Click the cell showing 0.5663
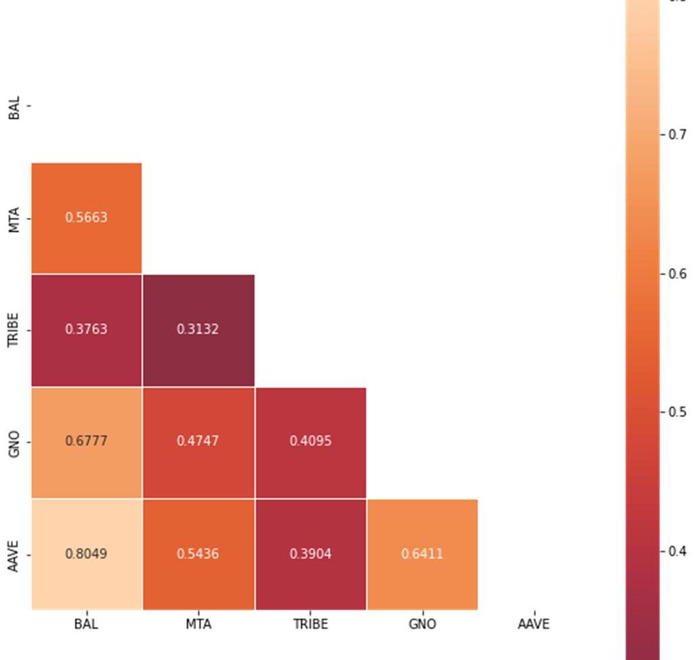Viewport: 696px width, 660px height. [x=86, y=217]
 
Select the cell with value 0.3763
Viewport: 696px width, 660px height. [x=86, y=329]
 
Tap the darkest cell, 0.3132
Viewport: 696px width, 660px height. [x=198, y=329]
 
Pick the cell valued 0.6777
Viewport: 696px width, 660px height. [x=86, y=441]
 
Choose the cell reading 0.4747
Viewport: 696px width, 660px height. [x=198, y=441]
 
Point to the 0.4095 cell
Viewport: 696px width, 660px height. [x=311, y=441]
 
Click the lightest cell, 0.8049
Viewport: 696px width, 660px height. [x=86, y=554]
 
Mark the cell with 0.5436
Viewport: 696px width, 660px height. [x=198, y=554]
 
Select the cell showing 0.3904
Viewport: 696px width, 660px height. [x=311, y=554]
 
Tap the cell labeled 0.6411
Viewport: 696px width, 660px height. [x=423, y=554]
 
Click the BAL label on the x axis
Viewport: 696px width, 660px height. [x=86, y=624]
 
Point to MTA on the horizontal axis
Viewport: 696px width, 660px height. [x=198, y=624]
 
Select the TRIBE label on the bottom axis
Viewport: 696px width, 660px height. [x=311, y=624]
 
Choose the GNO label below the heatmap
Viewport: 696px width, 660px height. [x=423, y=624]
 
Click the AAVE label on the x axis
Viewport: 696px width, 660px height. [x=534, y=624]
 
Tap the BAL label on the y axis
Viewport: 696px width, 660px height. [x=15, y=107]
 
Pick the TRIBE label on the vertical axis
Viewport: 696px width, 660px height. [x=15, y=330]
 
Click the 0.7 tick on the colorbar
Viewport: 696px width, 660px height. [x=677, y=135]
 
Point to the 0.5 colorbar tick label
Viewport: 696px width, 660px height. [x=677, y=412]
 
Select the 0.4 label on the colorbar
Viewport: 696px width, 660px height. [x=677, y=551]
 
